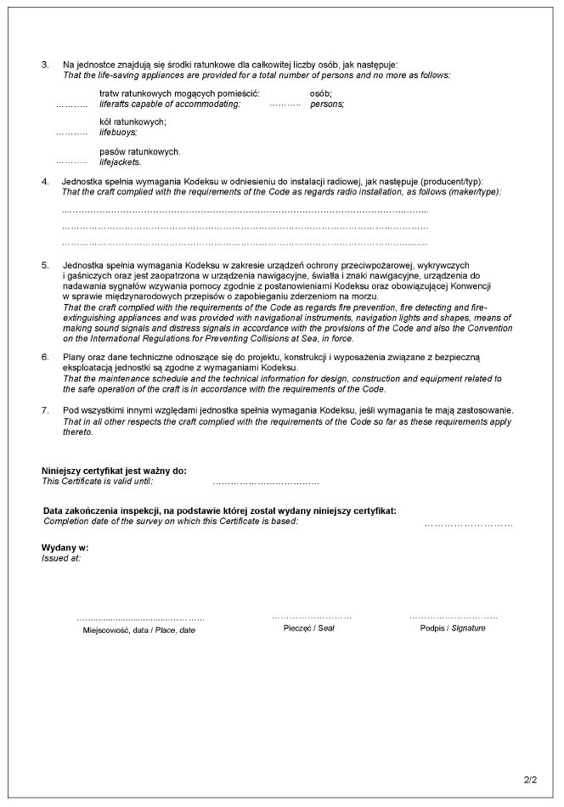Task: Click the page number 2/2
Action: tap(531, 776)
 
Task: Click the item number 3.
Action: tap(45, 65)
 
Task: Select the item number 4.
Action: tap(45, 182)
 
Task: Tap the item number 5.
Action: tap(45, 266)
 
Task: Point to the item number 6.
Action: tap(45, 357)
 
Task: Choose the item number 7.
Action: tap(45, 411)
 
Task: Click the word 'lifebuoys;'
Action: tap(118, 133)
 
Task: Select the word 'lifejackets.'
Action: tap(121, 161)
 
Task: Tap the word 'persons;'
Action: tap(327, 104)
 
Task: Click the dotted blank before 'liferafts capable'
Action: tap(71, 104)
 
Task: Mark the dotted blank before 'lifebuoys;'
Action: tap(71, 134)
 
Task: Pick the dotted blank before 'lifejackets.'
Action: tap(71, 162)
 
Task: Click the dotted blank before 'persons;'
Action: tap(285, 104)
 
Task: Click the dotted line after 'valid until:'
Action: tap(266, 483)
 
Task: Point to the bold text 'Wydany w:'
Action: tap(65, 548)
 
